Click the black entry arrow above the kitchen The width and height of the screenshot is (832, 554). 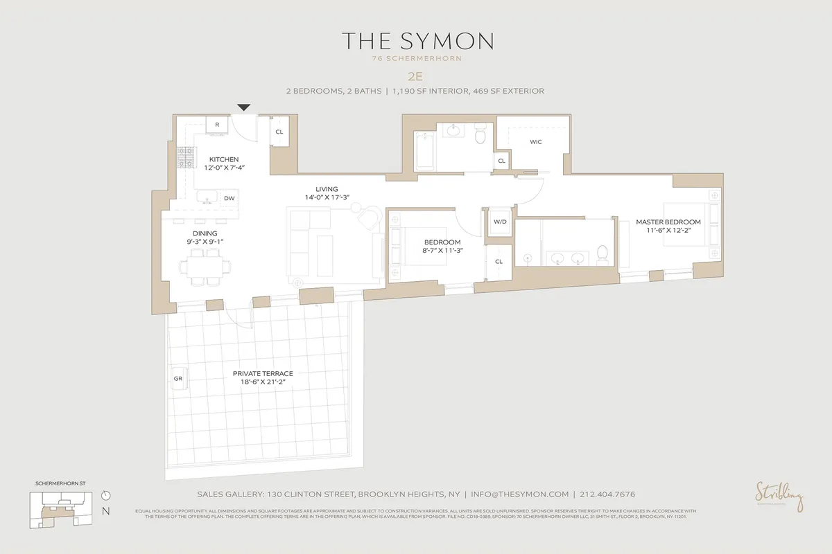(x=243, y=107)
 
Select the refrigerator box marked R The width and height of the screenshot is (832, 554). (x=217, y=125)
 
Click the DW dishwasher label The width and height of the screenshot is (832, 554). (x=229, y=198)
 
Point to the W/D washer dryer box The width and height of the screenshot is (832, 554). (x=499, y=222)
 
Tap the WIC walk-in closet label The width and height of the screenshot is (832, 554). (x=535, y=142)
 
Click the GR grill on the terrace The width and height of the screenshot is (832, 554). (x=177, y=379)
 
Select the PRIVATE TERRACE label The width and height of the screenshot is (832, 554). (x=263, y=373)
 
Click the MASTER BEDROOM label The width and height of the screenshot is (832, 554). (x=668, y=222)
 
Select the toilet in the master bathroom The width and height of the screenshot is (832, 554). (x=603, y=254)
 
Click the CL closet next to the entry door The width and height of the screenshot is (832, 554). (x=279, y=131)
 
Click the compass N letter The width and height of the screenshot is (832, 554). (x=105, y=511)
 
